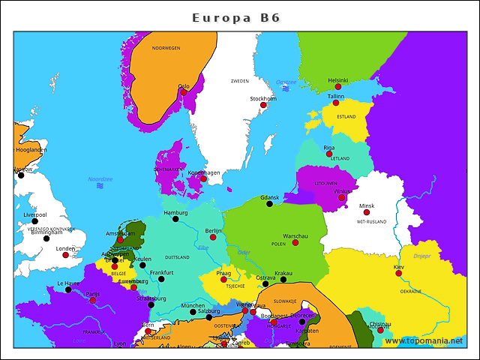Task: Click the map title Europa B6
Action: [236, 17]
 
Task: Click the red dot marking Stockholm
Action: [263, 105]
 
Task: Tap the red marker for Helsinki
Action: [338, 87]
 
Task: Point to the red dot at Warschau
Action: [295, 242]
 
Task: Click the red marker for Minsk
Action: [367, 212]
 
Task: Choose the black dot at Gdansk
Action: [269, 204]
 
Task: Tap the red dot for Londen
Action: [65, 255]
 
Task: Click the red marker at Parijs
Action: [93, 300]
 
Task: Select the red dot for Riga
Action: [328, 154]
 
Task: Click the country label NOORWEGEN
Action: [166, 48]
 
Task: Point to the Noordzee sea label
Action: [100, 179]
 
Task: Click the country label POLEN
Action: [278, 244]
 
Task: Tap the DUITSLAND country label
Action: [177, 257]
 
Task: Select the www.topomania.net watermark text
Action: [423, 341]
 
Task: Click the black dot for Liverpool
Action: [34, 221]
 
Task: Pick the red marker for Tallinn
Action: [336, 103]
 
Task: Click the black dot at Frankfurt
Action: [161, 279]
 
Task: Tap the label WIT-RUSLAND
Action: [370, 223]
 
